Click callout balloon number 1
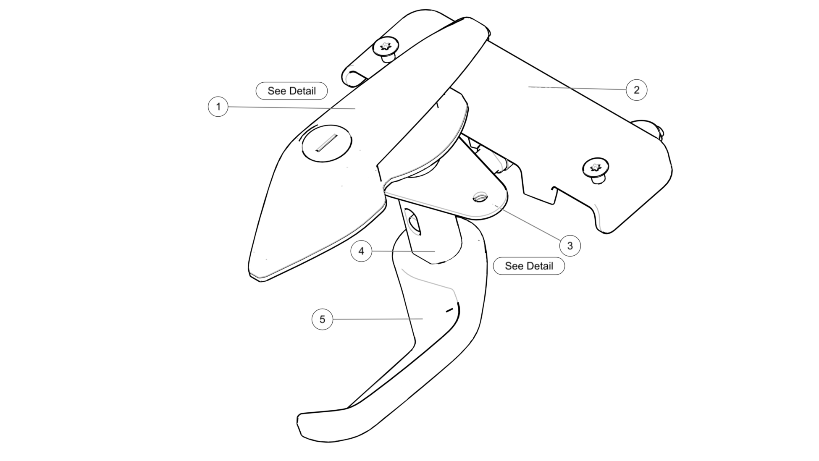click(218, 107)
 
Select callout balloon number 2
click(636, 90)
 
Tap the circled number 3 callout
click(570, 246)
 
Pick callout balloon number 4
click(361, 251)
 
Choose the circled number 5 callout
click(322, 319)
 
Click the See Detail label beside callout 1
click(291, 91)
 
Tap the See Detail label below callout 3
click(529, 266)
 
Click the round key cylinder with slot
click(327, 143)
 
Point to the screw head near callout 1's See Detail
click(386, 47)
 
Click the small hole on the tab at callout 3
click(480, 196)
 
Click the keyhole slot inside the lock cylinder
click(327, 143)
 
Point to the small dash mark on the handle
click(449, 310)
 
